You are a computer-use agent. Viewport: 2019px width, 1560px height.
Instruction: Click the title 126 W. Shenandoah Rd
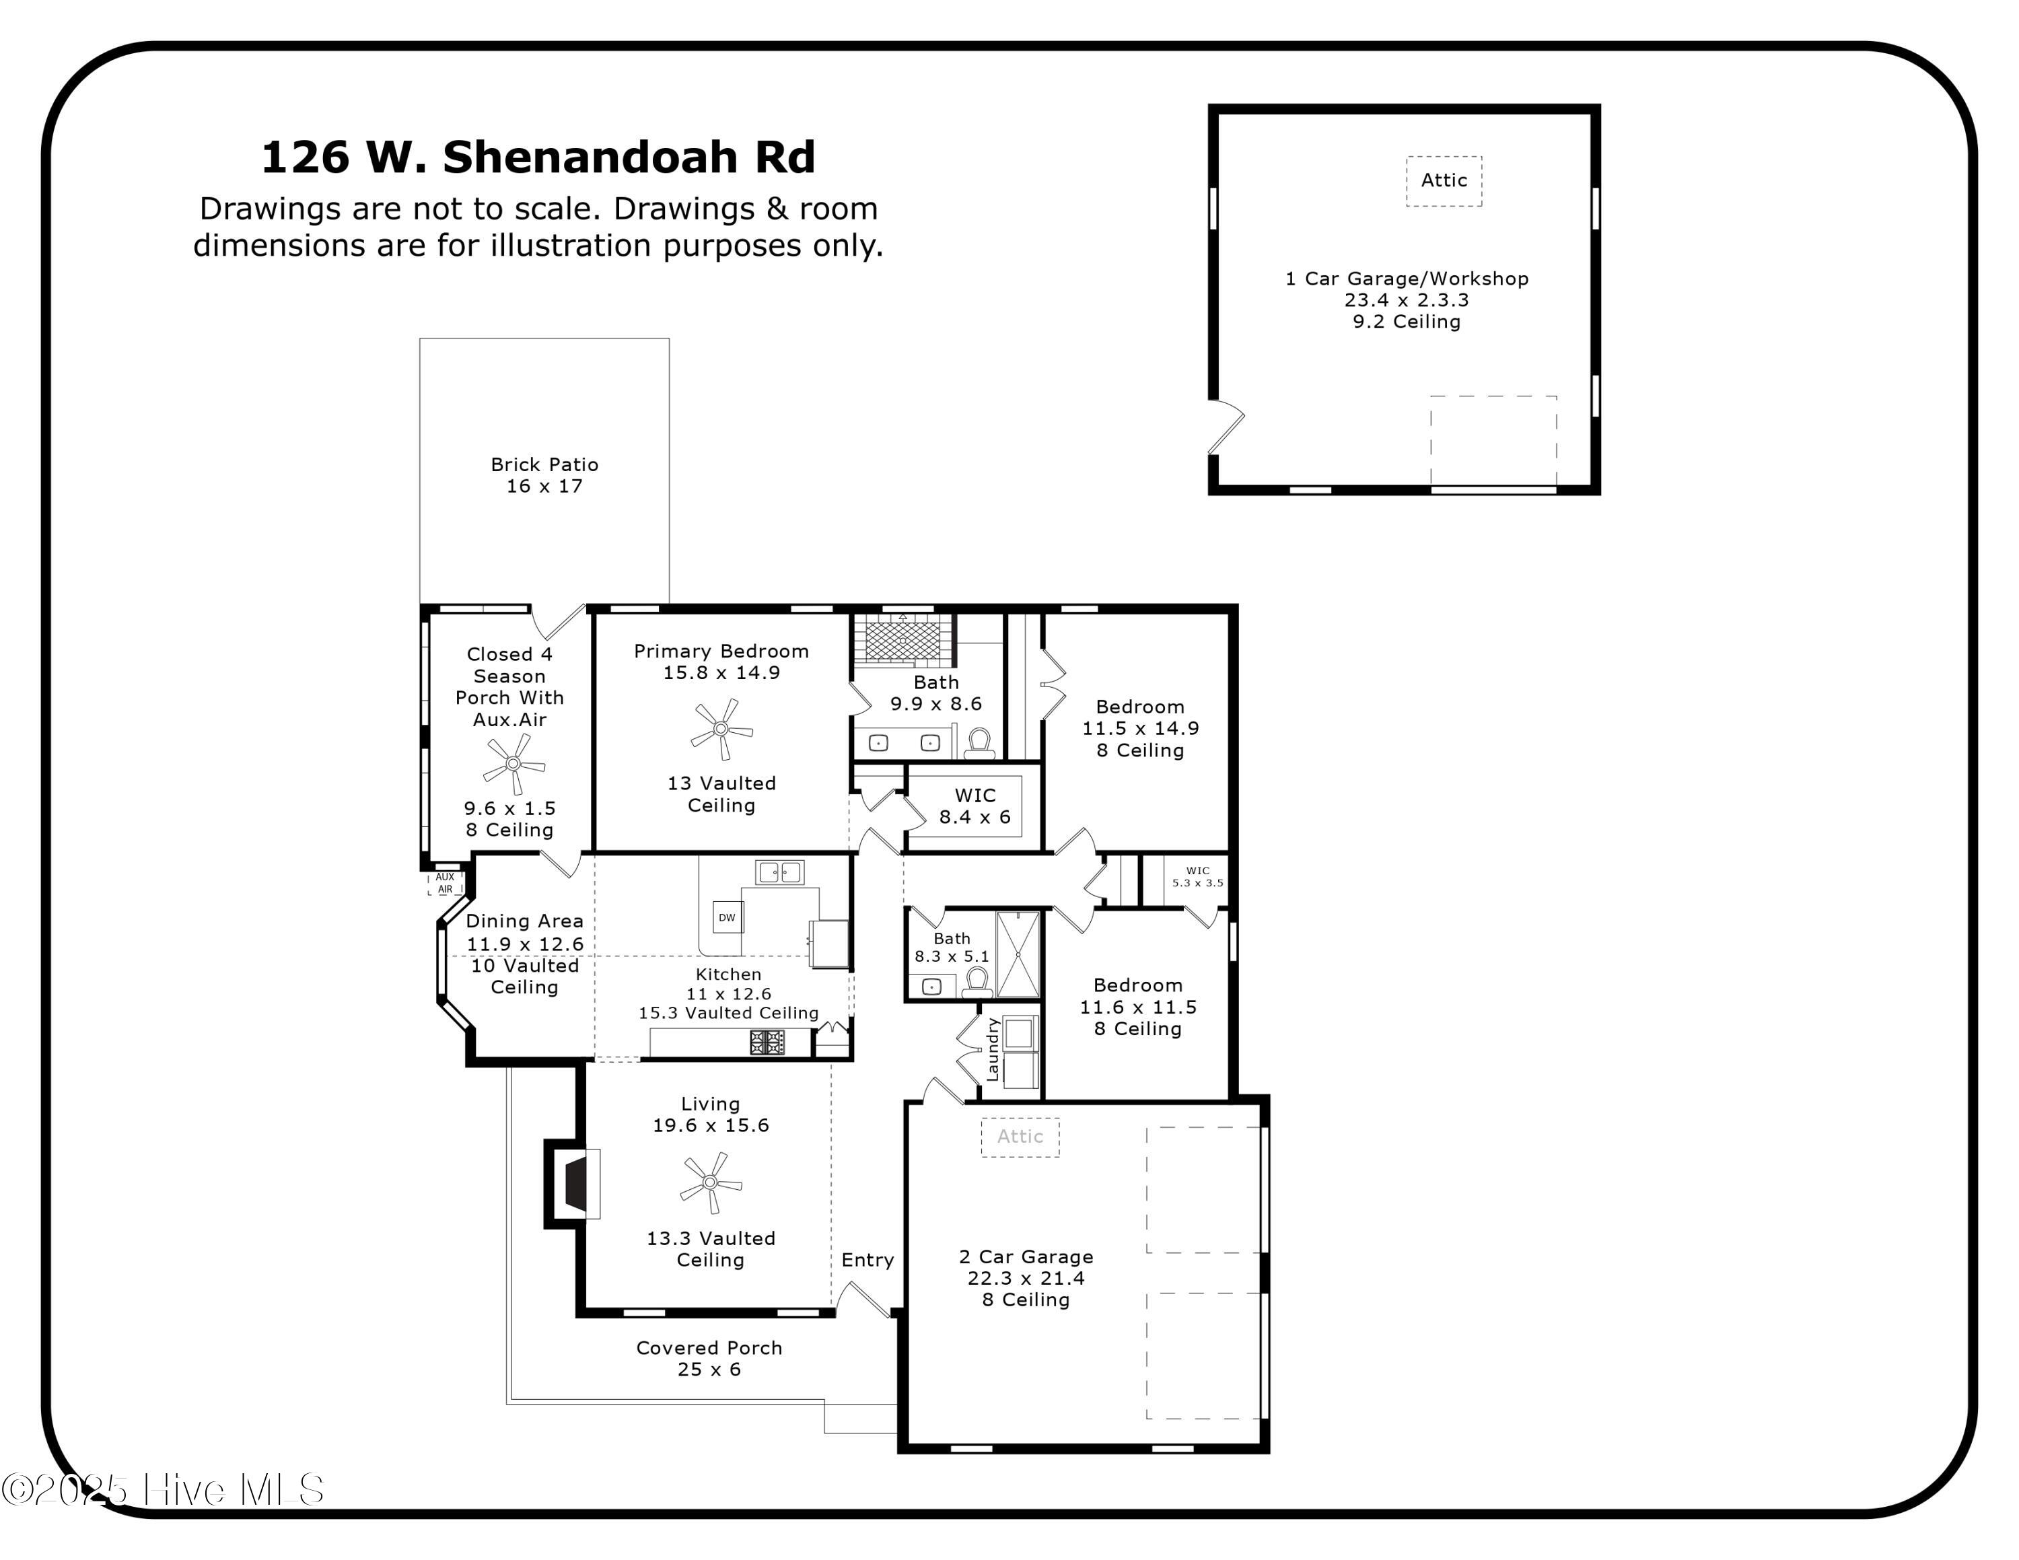(x=538, y=157)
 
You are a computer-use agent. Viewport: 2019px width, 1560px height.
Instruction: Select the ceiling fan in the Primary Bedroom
(x=721, y=728)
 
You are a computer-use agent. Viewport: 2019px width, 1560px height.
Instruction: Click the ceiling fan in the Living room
(x=710, y=1182)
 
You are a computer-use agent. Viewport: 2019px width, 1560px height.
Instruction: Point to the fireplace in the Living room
(x=575, y=1184)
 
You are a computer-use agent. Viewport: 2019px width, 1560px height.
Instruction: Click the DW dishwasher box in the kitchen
(x=728, y=918)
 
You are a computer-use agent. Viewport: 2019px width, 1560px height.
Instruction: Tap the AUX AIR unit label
(x=446, y=882)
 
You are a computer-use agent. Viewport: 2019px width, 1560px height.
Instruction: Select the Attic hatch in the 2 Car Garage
(x=1020, y=1137)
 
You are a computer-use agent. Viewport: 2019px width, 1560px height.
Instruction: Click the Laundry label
(x=993, y=1049)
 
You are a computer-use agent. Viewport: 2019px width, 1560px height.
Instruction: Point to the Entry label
(x=867, y=1260)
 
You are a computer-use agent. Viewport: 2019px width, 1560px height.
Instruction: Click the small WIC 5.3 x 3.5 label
(x=1197, y=877)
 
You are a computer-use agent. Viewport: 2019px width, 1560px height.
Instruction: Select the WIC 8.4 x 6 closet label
(x=975, y=806)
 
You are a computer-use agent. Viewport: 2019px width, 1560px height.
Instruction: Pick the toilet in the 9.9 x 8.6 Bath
(x=980, y=742)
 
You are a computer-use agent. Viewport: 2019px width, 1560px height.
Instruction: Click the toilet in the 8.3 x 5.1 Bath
(x=977, y=981)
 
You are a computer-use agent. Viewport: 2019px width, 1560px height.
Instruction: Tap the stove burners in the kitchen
(x=767, y=1042)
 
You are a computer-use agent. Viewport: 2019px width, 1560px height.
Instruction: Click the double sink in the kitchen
(x=779, y=872)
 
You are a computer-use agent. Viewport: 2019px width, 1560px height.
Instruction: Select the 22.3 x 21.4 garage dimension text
(x=1026, y=1278)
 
